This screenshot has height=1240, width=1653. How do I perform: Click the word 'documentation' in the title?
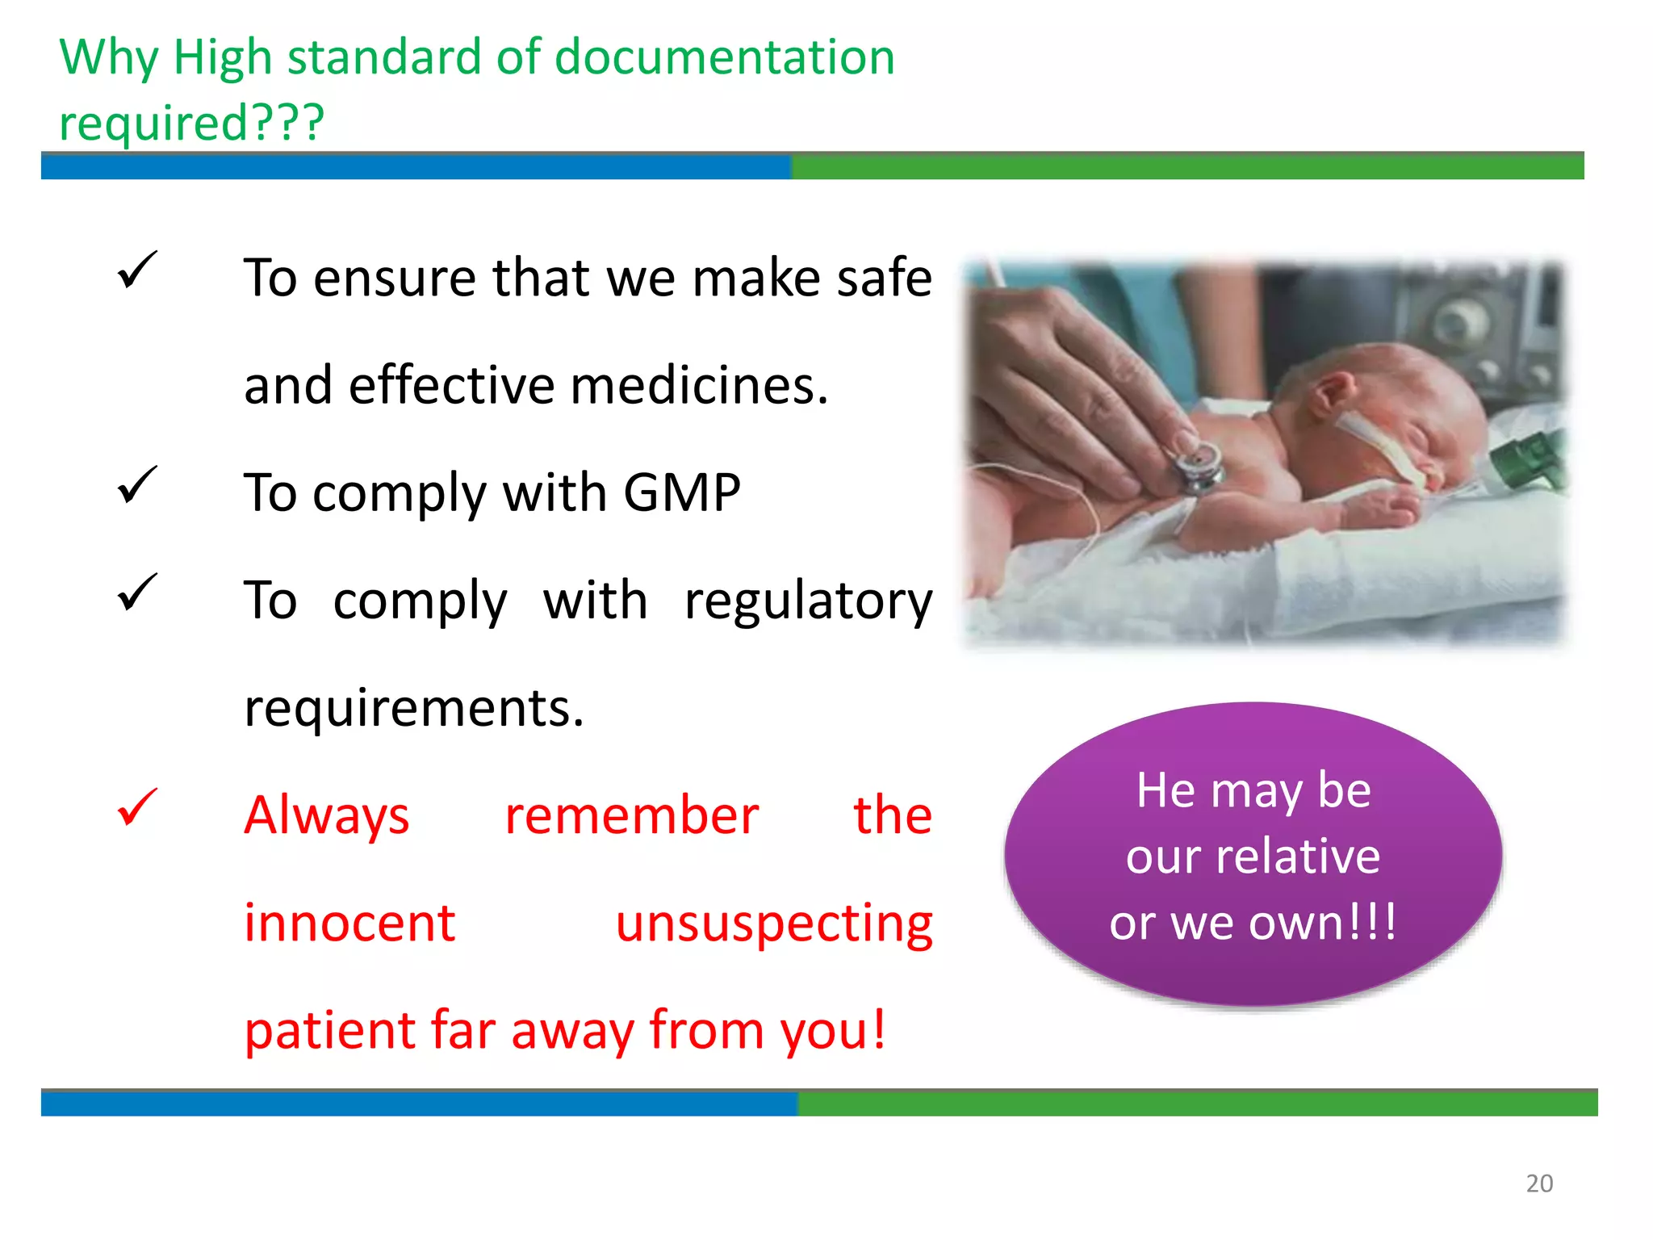[725, 58]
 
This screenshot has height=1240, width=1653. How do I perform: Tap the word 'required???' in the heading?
[192, 123]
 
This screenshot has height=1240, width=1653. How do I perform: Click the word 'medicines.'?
[699, 385]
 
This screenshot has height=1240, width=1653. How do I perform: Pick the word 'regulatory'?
[808, 601]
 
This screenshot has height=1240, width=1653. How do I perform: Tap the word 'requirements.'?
[414, 708]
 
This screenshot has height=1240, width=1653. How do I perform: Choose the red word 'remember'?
[631, 815]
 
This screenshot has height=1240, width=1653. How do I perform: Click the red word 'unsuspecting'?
[774, 924]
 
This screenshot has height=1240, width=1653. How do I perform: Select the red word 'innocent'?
[349, 923]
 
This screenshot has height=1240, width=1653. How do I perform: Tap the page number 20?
[1539, 1183]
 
